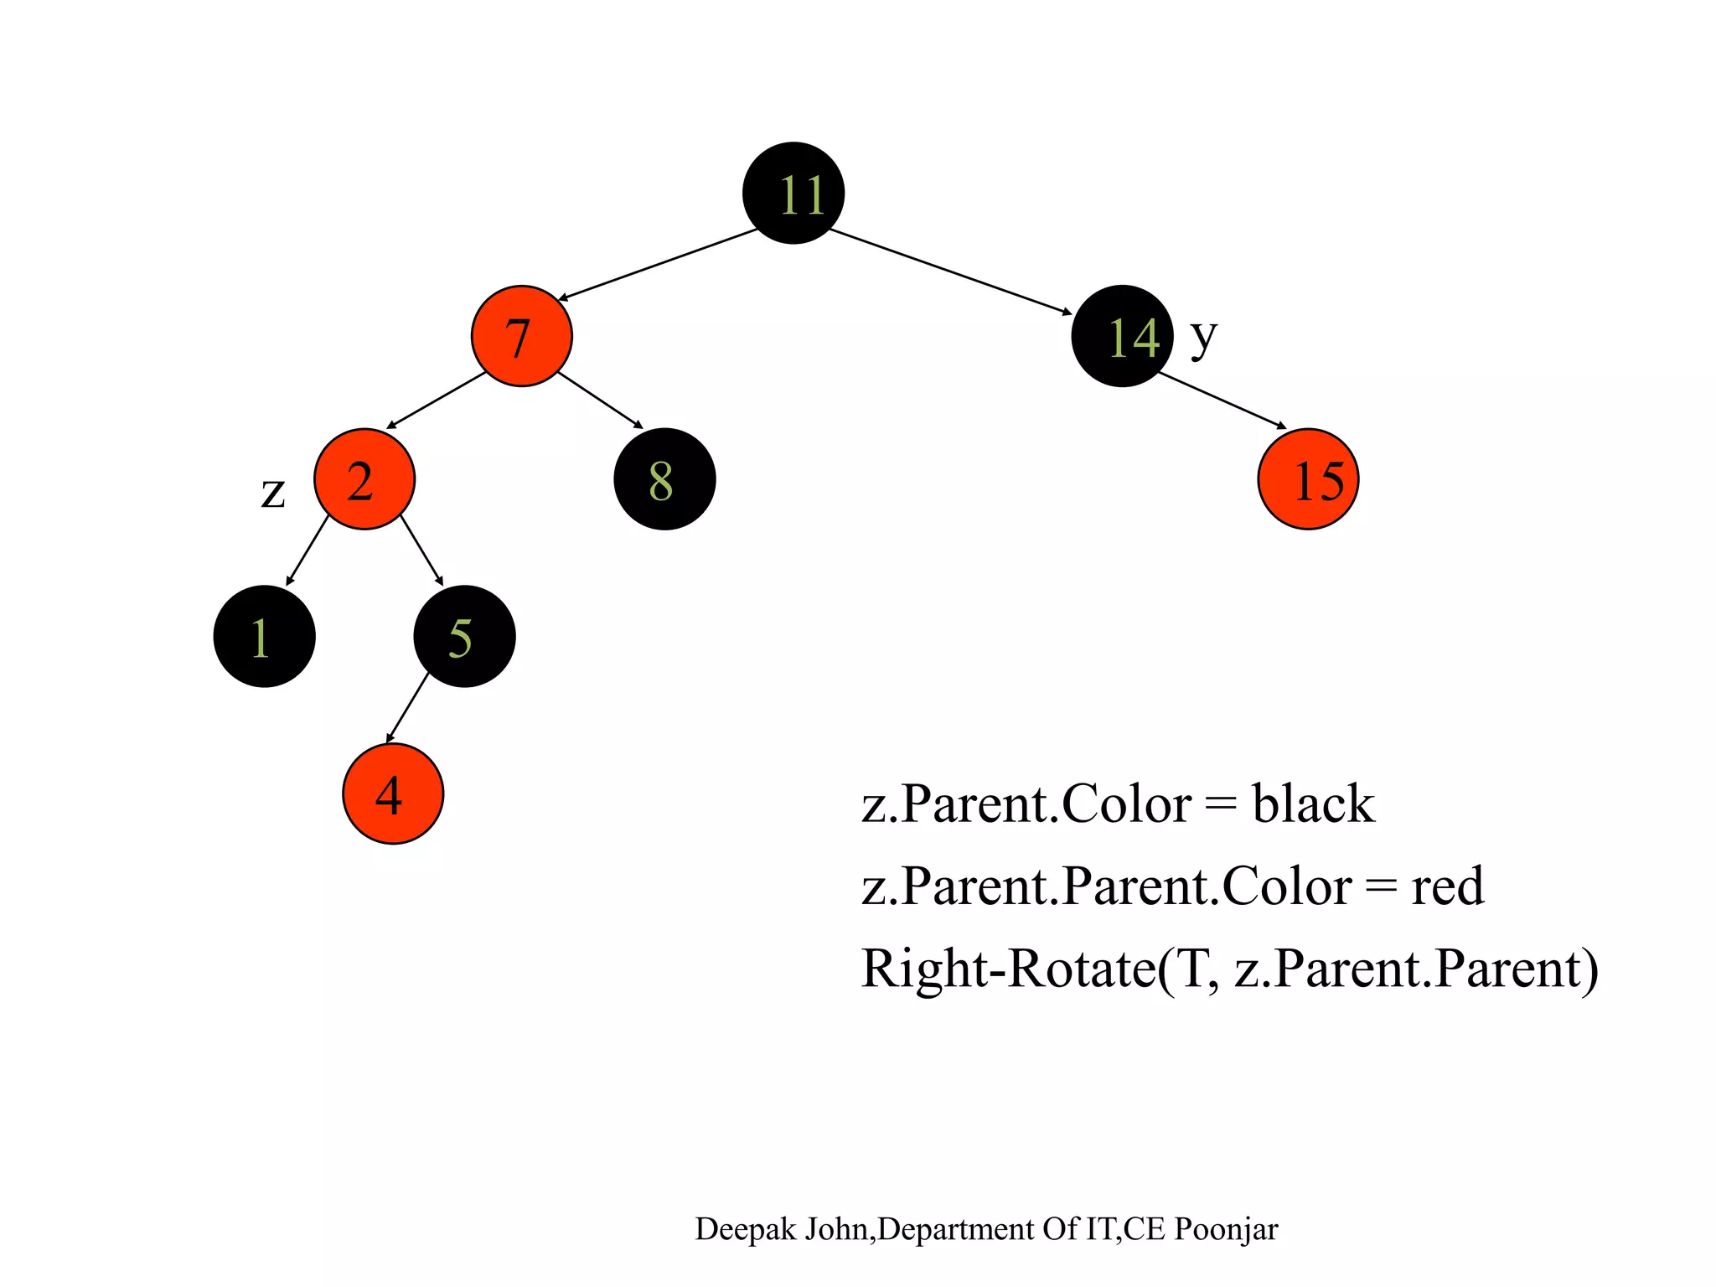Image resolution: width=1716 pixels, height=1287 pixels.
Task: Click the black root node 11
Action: [793, 194]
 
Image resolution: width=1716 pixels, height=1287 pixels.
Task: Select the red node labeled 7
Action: [521, 336]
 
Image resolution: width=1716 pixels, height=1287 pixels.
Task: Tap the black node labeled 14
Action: [1122, 336]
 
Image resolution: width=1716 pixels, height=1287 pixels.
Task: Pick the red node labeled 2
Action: [364, 479]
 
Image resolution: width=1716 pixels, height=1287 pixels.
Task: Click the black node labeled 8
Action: [664, 479]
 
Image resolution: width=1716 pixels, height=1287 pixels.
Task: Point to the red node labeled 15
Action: [1308, 479]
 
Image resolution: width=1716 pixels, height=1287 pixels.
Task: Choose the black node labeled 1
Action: [264, 636]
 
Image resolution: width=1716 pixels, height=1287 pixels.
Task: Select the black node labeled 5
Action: [464, 636]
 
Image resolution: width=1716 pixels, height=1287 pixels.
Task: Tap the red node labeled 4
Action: [393, 793]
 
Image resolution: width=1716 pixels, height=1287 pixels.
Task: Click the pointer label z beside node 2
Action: [273, 493]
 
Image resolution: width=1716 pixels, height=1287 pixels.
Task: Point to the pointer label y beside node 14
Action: [1203, 337]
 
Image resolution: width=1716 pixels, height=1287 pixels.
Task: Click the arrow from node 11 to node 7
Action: [658, 264]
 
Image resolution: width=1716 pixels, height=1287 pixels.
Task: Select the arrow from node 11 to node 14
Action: [950, 271]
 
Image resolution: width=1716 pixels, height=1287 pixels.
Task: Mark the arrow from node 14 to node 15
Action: [1222, 400]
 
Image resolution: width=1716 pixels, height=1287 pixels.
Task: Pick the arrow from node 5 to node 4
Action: [407, 707]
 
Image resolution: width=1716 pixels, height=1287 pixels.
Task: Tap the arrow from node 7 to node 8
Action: [600, 401]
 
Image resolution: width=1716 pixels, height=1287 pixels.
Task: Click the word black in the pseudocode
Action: [1313, 804]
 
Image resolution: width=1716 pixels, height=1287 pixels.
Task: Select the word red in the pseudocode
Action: [1447, 886]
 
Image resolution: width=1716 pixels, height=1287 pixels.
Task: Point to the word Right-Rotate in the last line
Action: [1008, 969]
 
